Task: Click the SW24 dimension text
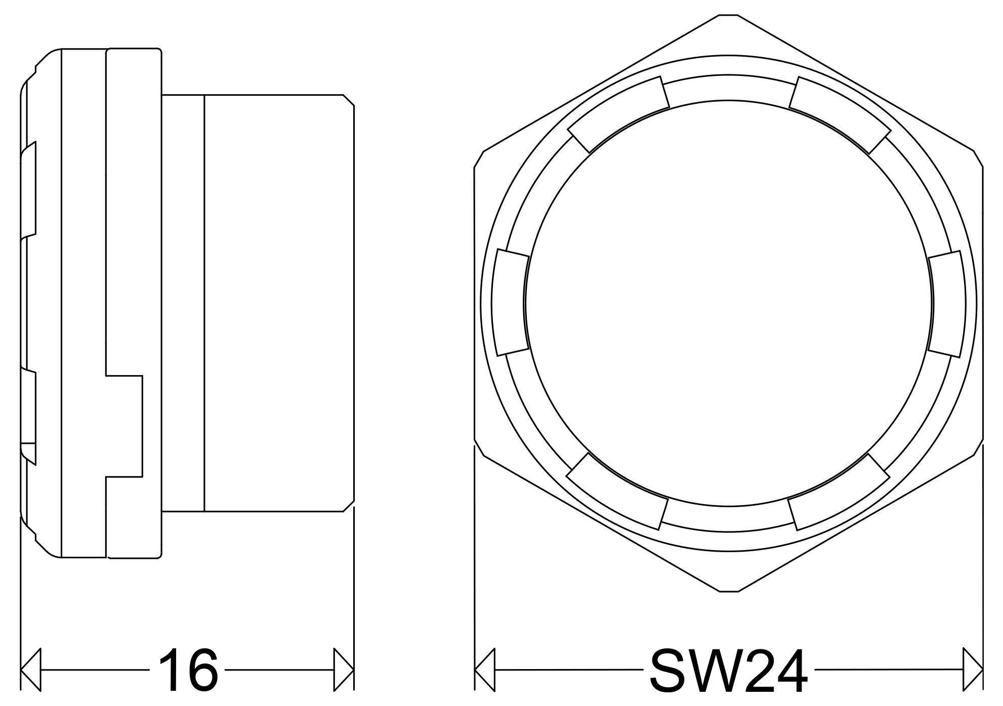point(729,670)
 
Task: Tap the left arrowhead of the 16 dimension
point(30,669)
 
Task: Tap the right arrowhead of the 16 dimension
point(344,669)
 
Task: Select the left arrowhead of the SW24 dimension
point(485,669)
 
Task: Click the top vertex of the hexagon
point(729,15)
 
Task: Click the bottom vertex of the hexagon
point(729,591)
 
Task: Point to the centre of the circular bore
point(729,303)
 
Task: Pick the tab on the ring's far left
point(511,303)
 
